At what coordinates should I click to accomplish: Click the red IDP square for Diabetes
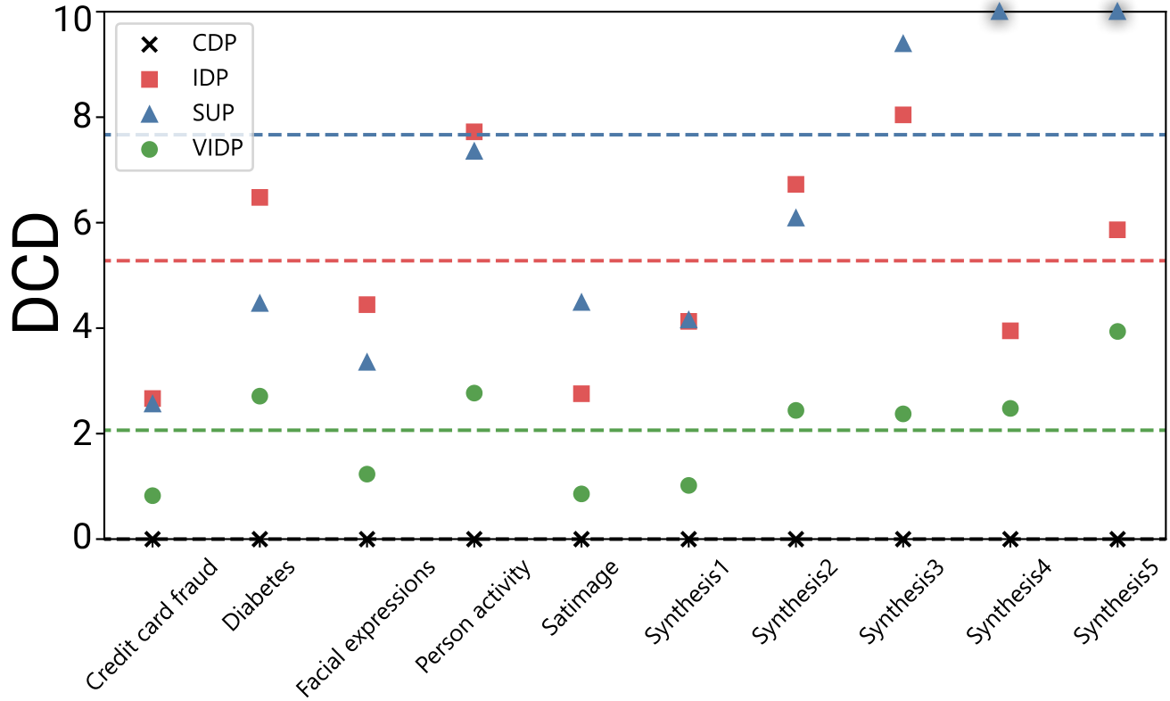pos(260,197)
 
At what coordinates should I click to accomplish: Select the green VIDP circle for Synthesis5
pos(1117,332)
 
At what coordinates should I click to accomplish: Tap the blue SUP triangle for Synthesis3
pos(902,44)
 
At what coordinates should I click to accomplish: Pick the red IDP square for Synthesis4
pos(1010,331)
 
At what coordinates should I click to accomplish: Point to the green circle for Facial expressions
pos(367,474)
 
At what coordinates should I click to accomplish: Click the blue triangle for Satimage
pos(581,302)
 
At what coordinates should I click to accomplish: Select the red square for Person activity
pos(474,132)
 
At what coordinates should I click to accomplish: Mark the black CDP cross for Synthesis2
pos(796,539)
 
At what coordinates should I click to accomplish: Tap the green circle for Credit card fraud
pos(152,496)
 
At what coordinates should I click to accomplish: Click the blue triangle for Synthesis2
pos(796,218)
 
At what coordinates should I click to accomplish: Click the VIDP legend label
pos(218,149)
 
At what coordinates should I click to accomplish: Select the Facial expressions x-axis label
pos(367,629)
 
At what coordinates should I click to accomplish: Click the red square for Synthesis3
pos(902,115)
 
